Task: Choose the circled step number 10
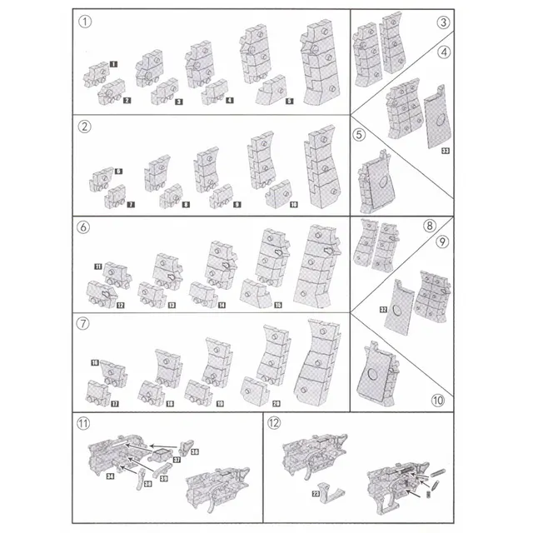[438, 398]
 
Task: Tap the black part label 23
[316, 493]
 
